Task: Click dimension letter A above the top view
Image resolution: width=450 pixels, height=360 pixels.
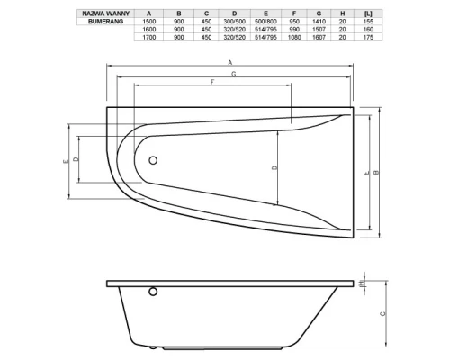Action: click(230, 60)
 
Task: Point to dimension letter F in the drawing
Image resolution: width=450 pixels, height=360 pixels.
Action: click(211, 83)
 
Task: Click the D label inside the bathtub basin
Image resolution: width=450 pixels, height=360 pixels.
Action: click(274, 167)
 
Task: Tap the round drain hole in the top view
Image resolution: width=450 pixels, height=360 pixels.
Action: click(153, 161)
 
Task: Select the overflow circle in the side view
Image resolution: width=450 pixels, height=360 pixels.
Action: click(152, 292)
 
